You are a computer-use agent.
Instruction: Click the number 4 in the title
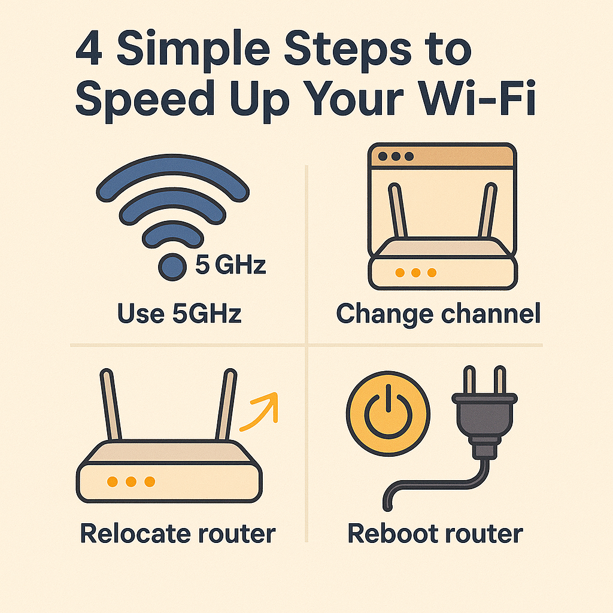[x=89, y=48]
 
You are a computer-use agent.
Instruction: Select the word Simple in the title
[x=193, y=51]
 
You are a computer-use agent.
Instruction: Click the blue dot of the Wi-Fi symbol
[x=172, y=267]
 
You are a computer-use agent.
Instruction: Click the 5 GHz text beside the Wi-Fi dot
[x=230, y=264]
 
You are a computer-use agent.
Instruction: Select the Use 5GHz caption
[x=180, y=314]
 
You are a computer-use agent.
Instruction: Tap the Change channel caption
[x=438, y=314]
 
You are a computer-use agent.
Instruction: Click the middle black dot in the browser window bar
[x=396, y=156]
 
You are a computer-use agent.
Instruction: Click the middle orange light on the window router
[x=416, y=272]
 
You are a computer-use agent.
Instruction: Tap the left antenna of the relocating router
[x=111, y=404]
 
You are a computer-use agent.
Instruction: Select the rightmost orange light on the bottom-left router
[x=150, y=482]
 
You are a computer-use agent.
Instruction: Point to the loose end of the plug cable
[x=387, y=506]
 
